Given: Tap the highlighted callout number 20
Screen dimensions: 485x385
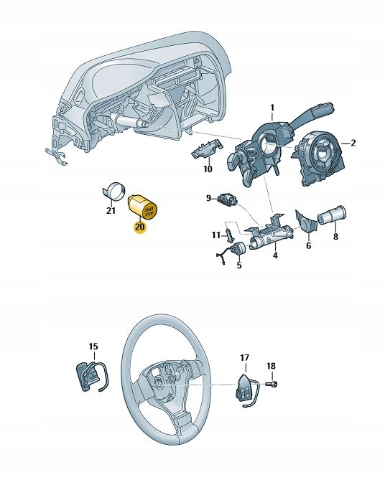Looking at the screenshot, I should tap(139, 227).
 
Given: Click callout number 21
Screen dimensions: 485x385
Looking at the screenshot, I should tap(111, 211).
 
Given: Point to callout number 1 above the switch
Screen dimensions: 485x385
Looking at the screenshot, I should tap(272, 108).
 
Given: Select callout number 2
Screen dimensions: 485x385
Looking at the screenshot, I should tap(353, 143).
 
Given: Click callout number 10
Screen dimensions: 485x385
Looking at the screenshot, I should tap(208, 170).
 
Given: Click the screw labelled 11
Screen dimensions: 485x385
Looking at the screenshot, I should tap(229, 235).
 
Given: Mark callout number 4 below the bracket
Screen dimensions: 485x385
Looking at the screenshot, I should tap(274, 254).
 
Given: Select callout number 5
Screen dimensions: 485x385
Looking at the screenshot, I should tap(238, 265).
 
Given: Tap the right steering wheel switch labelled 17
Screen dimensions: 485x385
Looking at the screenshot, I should tap(245, 387).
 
